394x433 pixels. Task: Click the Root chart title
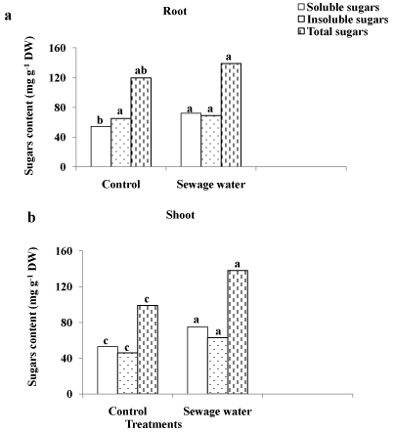click(x=175, y=11)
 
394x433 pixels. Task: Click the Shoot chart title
click(x=180, y=215)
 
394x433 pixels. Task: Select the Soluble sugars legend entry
click(x=339, y=7)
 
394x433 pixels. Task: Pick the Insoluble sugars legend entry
click(x=343, y=20)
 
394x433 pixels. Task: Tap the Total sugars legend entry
click(x=333, y=31)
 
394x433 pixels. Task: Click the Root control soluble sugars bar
click(x=101, y=147)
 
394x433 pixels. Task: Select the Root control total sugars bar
click(x=141, y=122)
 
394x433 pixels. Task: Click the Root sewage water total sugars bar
click(x=231, y=115)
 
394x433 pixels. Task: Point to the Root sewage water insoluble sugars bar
click(x=211, y=141)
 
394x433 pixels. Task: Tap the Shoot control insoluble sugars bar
click(x=127, y=373)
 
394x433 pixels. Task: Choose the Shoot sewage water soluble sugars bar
click(x=197, y=361)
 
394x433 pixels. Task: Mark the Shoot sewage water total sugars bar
click(x=238, y=332)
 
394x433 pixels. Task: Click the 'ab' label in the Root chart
click(x=141, y=70)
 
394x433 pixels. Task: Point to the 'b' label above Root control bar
click(x=101, y=120)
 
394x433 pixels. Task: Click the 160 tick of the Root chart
click(x=58, y=48)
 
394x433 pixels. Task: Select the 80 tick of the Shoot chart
click(x=66, y=323)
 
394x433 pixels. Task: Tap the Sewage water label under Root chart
click(x=211, y=185)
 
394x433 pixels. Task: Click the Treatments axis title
click(x=153, y=424)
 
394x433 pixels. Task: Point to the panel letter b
click(x=31, y=217)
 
